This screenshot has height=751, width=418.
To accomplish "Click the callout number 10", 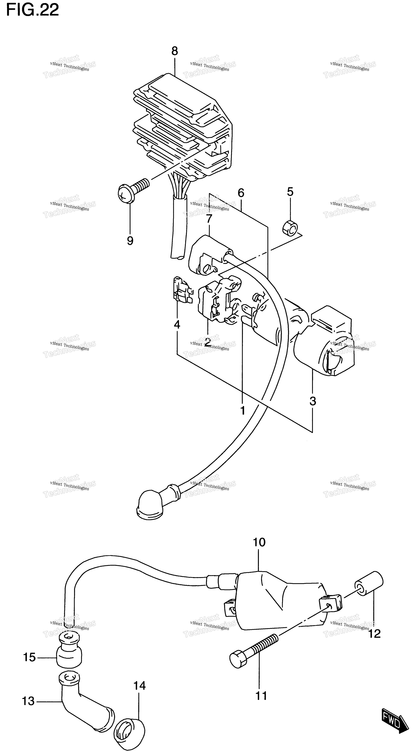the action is tap(259, 542).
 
